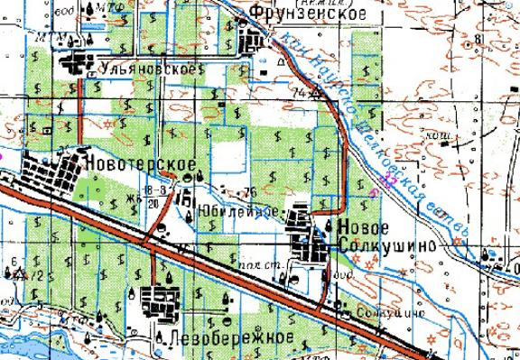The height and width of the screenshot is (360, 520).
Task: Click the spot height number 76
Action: (250, 192)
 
